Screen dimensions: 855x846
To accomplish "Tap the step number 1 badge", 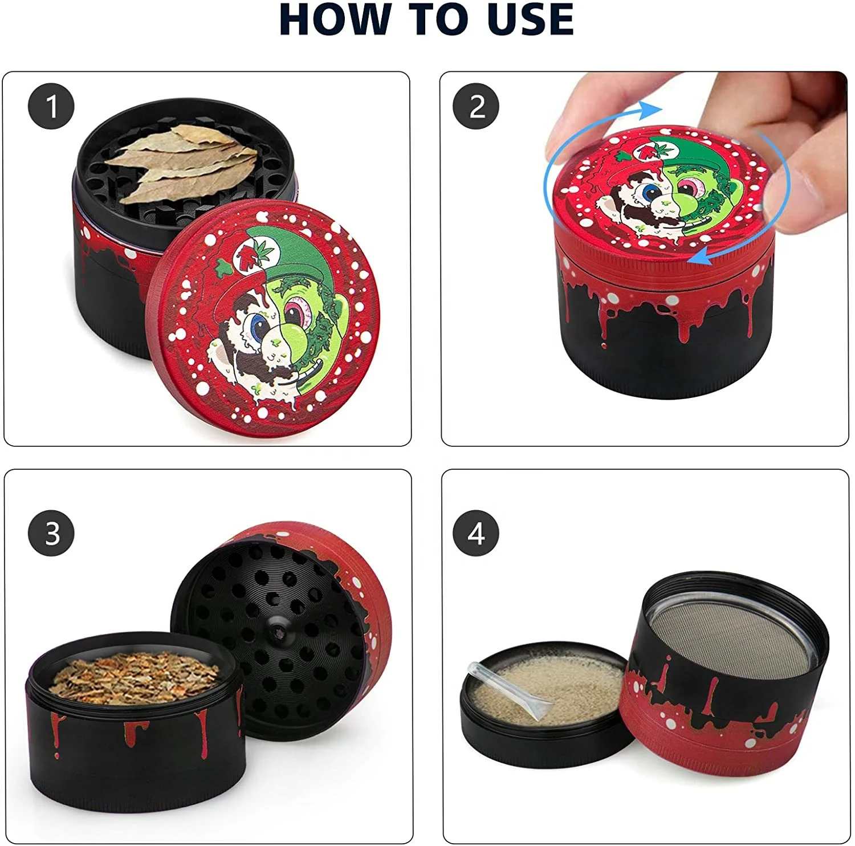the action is (x=51, y=107).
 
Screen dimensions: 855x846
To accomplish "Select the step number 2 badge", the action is (x=477, y=107).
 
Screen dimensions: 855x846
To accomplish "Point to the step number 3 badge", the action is (x=51, y=533).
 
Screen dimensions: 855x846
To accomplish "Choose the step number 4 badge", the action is (x=477, y=533).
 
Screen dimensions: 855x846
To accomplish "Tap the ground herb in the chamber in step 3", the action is (x=134, y=677).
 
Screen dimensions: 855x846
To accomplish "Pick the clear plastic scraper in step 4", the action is (x=504, y=691).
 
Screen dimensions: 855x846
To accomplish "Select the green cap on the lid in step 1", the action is (x=291, y=251).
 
